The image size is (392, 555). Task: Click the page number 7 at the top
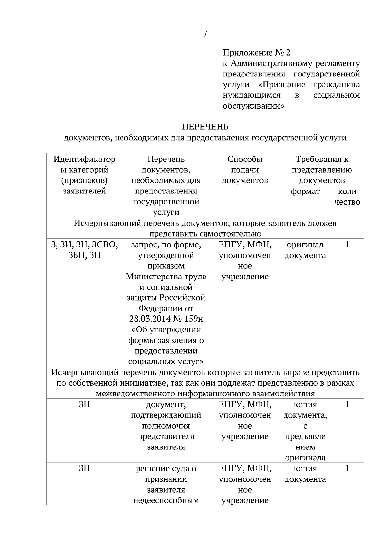(205, 34)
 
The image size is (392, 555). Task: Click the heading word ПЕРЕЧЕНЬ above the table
(205, 127)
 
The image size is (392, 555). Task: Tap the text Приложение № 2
(256, 53)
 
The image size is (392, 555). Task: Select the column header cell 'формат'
(305, 192)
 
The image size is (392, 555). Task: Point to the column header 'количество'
(347, 197)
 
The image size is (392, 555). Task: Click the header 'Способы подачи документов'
(245, 170)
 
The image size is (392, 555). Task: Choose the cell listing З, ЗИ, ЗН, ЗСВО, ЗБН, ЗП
(84, 250)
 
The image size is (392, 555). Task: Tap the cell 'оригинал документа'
(305, 250)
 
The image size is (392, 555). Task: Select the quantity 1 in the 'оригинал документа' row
(347, 245)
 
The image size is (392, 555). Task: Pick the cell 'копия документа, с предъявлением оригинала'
(305, 431)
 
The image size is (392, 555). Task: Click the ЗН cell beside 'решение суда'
(84, 469)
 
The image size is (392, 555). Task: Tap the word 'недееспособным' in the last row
(166, 500)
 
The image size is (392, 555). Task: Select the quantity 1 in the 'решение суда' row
(347, 469)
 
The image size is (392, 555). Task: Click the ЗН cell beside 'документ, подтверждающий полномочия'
(84, 405)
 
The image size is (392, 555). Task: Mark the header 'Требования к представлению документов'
(322, 170)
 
